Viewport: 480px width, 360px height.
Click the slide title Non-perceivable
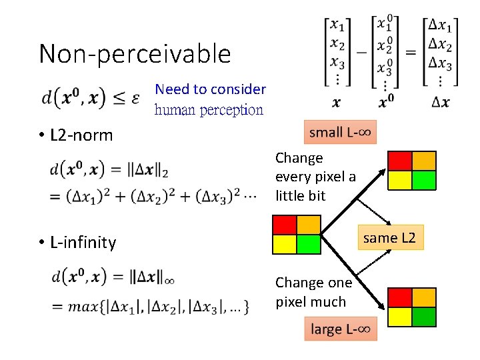point(135,53)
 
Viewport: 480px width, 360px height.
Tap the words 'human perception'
point(209,110)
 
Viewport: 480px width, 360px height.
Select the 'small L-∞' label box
point(341,132)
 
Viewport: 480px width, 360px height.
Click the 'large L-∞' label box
point(341,329)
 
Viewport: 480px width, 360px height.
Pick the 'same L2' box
point(389,238)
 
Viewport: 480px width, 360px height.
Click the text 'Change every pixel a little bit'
point(315,177)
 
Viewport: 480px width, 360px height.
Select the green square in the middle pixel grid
point(309,245)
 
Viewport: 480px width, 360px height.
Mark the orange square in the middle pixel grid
point(309,225)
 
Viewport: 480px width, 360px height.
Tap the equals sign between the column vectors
point(411,53)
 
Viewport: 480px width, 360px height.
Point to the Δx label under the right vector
point(441,102)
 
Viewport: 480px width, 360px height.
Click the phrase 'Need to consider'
point(210,89)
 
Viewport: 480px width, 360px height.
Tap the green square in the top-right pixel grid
point(424,180)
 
